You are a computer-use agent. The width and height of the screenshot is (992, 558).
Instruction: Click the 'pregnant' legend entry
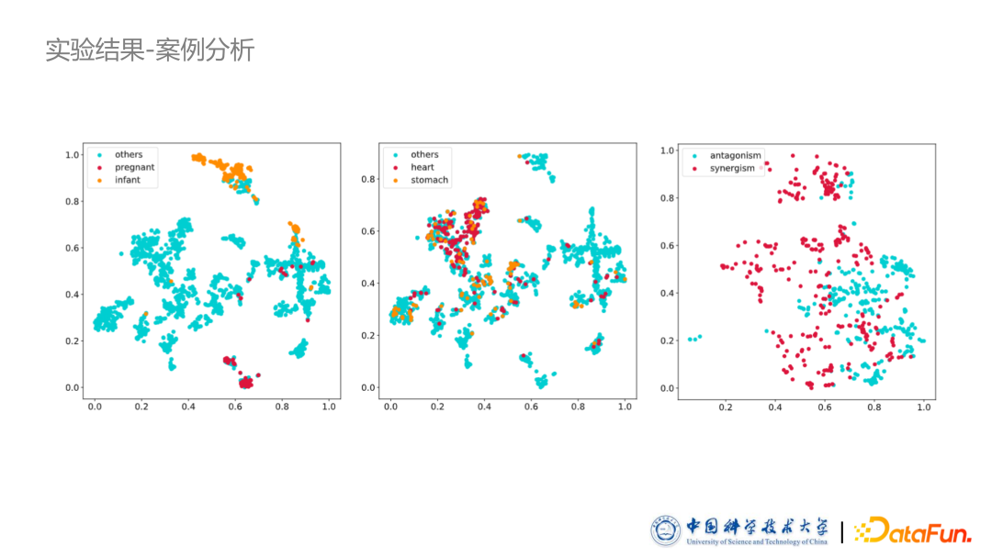pyautogui.click(x=134, y=168)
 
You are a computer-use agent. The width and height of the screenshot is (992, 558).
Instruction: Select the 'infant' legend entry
pyautogui.click(x=128, y=181)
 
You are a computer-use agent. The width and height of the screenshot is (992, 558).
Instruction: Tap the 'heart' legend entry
pyautogui.click(x=423, y=168)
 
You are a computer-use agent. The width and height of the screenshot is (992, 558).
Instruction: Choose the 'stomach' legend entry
pyautogui.click(x=429, y=181)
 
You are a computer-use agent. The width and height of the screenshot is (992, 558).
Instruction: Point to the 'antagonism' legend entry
pyautogui.click(x=735, y=156)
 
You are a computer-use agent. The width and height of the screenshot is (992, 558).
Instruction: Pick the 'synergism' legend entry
pyautogui.click(x=732, y=169)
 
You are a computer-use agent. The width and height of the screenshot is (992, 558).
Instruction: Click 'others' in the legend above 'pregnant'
pyautogui.click(x=129, y=155)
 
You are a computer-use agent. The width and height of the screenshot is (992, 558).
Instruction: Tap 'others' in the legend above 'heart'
pyautogui.click(x=424, y=155)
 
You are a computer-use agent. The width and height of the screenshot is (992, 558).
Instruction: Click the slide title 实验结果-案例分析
pyautogui.click(x=150, y=50)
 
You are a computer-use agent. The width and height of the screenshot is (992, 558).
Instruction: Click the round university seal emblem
pyautogui.click(x=666, y=530)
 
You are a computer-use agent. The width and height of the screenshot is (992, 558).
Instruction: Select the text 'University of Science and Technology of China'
pyautogui.click(x=756, y=542)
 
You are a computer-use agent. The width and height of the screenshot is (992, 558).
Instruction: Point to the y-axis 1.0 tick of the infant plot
pyautogui.click(x=73, y=155)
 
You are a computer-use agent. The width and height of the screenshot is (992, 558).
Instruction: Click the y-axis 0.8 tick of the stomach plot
pyautogui.click(x=368, y=179)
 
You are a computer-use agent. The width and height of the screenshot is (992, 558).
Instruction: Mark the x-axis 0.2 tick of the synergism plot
pyautogui.click(x=726, y=407)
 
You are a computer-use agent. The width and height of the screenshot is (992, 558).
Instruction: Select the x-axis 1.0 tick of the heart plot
pyautogui.click(x=625, y=407)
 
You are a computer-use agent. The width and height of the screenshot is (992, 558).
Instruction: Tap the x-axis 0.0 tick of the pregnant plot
pyautogui.click(x=95, y=407)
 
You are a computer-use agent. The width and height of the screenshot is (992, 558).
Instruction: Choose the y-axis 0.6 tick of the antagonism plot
pyautogui.click(x=668, y=246)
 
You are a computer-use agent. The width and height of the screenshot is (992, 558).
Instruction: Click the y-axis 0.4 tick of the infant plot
pyautogui.click(x=73, y=295)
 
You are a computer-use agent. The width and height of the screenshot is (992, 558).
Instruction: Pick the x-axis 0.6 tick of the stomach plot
pyautogui.click(x=531, y=407)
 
